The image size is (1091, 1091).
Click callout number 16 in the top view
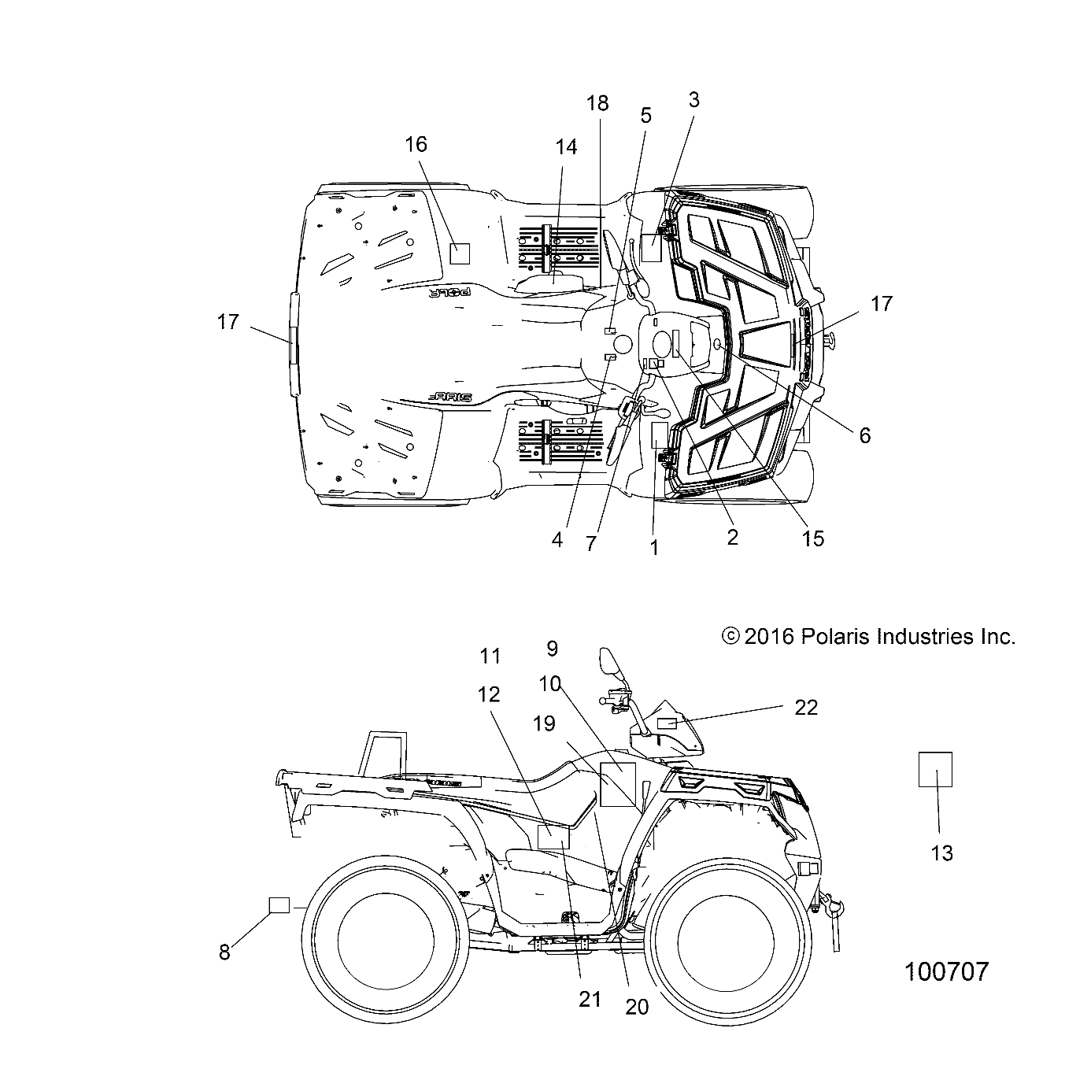pyautogui.click(x=416, y=144)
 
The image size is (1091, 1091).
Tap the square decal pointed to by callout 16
pyautogui.click(x=459, y=252)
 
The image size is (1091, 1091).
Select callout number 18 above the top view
pyautogui.click(x=597, y=103)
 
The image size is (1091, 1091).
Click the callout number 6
pyautogui.click(x=864, y=435)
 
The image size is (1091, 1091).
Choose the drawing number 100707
pyautogui.click(x=946, y=971)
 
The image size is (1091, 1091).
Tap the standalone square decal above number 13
pyautogui.click(x=935, y=769)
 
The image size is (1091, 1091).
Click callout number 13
pyautogui.click(x=941, y=852)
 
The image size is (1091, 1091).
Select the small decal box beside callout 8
pyautogui.click(x=279, y=904)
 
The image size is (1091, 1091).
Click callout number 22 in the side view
pyautogui.click(x=806, y=708)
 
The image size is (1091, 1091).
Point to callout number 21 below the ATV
pyautogui.click(x=590, y=999)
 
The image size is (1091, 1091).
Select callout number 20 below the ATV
pyautogui.click(x=637, y=1007)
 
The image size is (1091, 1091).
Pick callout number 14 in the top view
pyautogui.click(x=566, y=147)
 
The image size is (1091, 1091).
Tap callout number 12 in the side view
pyautogui.click(x=488, y=694)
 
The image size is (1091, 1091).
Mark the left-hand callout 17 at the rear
pyautogui.click(x=227, y=322)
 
